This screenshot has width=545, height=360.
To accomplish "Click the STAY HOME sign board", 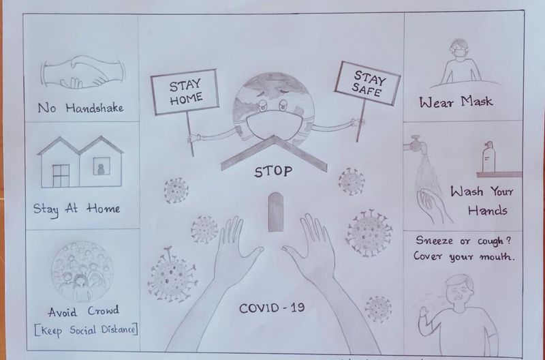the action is pyautogui.click(x=185, y=92).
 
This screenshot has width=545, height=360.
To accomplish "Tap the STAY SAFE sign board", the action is pyautogui.click(x=367, y=83).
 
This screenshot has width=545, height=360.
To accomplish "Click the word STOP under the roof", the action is pyautogui.click(x=273, y=172).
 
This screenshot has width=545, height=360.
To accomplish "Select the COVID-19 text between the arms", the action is pyautogui.click(x=272, y=307).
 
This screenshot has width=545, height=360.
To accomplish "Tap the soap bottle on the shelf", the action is pyautogui.click(x=488, y=157).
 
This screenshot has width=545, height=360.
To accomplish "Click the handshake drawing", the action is pyautogui.click(x=82, y=72).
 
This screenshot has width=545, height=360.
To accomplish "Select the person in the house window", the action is pyautogui.click(x=101, y=169).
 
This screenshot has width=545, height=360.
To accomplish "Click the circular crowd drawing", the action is pyautogui.click(x=82, y=271).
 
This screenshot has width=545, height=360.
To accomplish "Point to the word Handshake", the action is pyautogui.click(x=95, y=108).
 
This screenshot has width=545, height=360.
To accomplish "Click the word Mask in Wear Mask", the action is pyautogui.click(x=476, y=101).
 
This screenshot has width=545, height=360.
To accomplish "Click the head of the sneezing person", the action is pyautogui.click(x=459, y=288).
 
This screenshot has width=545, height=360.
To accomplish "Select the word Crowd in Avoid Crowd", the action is pyautogui.click(x=104, y=310).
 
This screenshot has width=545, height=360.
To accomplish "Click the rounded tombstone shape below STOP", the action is pyautogui.click(x=276, y=212).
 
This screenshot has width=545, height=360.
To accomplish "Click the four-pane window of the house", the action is pyautogui.click(x=61, y=176).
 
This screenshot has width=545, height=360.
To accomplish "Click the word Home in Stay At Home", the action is pyautogui.click(x=104, y=209).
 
